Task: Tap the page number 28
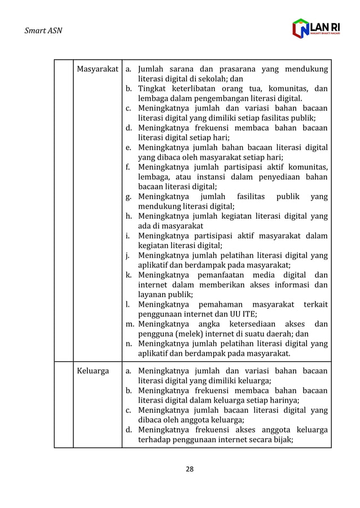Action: click(190, 469)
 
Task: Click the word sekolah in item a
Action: click(213, 79)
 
